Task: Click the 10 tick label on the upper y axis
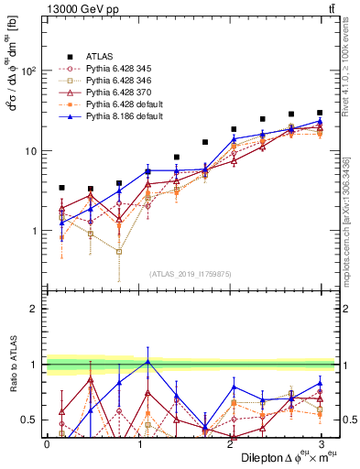tap(35, 150)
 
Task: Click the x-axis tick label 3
tap(320, 443)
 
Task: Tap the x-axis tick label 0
tap(47, 443)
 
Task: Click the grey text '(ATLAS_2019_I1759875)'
tap(191, 273)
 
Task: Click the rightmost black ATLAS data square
tap(320, 113)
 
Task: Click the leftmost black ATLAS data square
tap(61, 188)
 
